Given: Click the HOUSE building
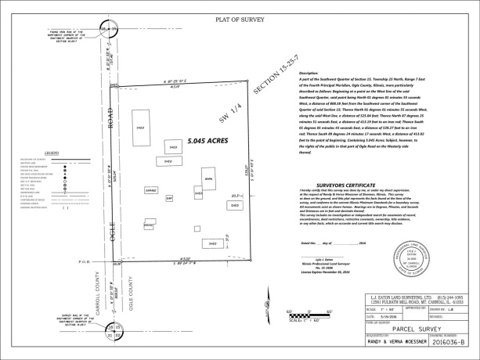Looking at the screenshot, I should [149, 225].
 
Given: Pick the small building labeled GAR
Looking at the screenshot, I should [168, 199].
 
